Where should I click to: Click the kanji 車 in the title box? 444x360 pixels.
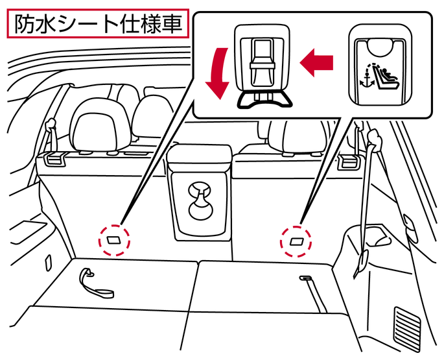point(172,24)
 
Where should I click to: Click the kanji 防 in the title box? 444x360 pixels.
point(25,24)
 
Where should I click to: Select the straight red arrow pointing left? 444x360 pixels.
point(316,62)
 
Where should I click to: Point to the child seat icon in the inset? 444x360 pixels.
point(386,77)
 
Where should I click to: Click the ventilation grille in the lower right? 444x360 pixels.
point(407,328)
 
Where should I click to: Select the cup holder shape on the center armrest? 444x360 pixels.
point(200,201)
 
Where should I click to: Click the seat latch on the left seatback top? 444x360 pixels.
point(54,159)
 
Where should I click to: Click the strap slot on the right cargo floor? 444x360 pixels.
point(306,278)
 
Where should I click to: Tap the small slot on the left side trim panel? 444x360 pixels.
point(49,262)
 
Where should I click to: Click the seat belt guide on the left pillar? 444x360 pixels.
point(51,124)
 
